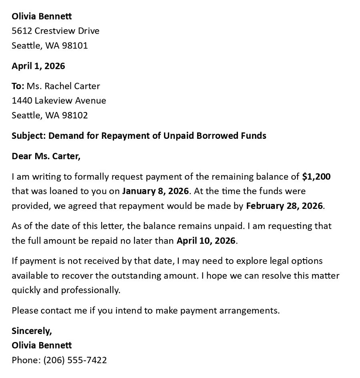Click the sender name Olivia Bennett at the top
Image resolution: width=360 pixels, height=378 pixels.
click(x=42, y=16)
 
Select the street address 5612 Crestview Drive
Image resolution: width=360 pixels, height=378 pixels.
click(x=55, y=31)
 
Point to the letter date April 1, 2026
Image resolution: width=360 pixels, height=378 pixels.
click(x=38, y=66)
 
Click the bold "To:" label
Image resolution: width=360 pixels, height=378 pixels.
click(x=18, y=86)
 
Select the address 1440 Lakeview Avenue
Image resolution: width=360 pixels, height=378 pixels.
click(x=59, y=100)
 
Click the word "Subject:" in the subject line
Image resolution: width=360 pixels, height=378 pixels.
click(x=29, y=136)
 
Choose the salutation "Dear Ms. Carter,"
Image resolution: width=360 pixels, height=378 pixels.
click(x=46, y=156)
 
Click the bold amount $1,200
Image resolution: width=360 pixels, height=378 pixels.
click(x=316, y=176)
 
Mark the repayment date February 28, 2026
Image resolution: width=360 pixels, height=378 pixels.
click(x=284, y=206)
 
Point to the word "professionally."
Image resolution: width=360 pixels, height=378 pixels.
click(x=90, y=290)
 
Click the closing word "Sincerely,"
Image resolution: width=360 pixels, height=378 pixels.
click(x=32, y=331)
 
